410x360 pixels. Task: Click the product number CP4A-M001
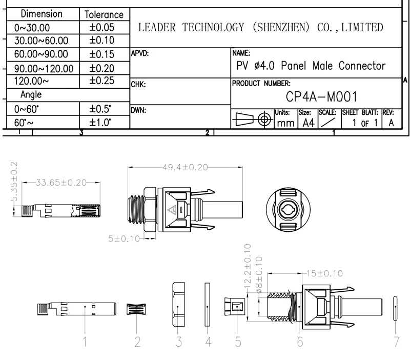tap(321, 97)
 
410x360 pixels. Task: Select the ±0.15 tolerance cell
tap(102, 54)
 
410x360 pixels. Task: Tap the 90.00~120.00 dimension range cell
tap(44, 68)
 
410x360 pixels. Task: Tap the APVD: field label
tap(140, 53)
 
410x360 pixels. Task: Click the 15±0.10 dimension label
tap(324, 273)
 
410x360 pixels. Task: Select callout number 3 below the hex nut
tap(178, 342)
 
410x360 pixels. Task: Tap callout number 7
tap(396, 342)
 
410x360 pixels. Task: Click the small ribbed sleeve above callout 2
tap(137, 310)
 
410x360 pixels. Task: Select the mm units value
tap(285, 123)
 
